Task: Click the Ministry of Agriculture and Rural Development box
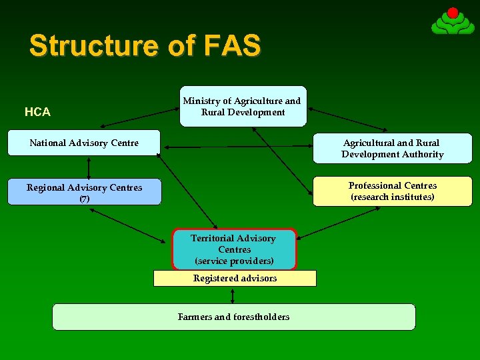click(241, 107)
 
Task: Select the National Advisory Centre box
click(84, 143)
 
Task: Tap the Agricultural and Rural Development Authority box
click(392, 149)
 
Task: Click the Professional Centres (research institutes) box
click(392, 191)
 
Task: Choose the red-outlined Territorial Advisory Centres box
click(234, 249)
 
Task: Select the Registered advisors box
click(235, 278)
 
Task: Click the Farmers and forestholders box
click(233, 317)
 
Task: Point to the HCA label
click(37, 112)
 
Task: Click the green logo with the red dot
click(453, 23)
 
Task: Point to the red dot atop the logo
click(453, 13)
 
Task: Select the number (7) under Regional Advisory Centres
click(84, 199)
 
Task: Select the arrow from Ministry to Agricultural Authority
click(347, 117)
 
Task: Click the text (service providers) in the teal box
click(234, 261)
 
